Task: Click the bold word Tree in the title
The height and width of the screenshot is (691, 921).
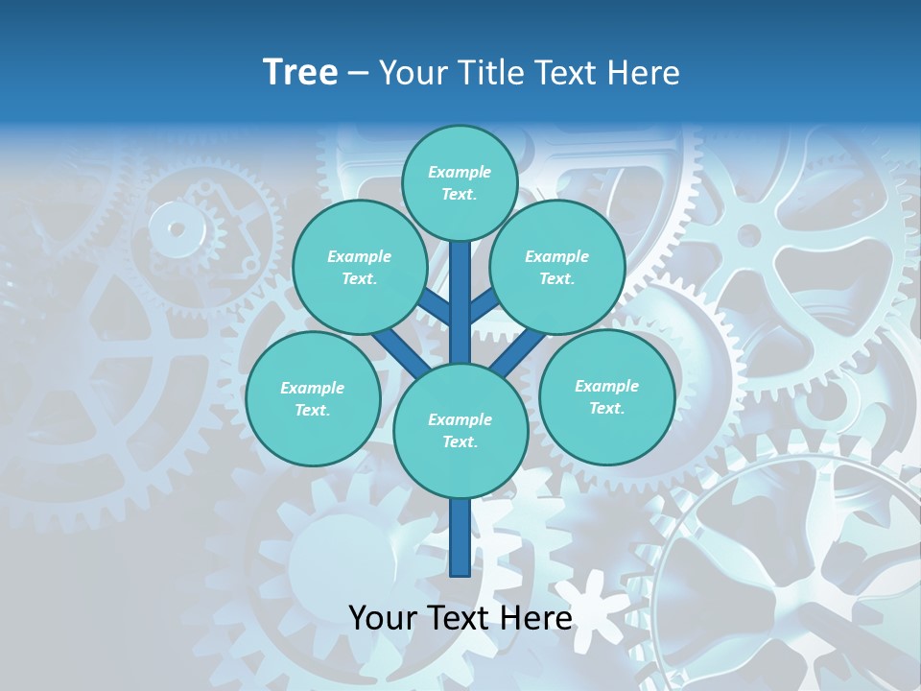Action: [x=300, y=72]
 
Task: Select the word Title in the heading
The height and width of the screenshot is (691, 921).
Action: [x=491, y=72]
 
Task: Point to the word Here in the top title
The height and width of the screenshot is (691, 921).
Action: [x=648, y=72]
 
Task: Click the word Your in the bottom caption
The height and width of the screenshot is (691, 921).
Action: [x=384, y=618]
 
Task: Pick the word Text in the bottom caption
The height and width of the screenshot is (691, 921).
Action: [x=459, y=618]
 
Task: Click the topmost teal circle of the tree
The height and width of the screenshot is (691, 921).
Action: [x=460, y=182]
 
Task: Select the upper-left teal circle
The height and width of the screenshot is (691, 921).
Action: [x=359, y=267]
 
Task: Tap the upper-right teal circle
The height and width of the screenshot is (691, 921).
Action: [x=556, y=267]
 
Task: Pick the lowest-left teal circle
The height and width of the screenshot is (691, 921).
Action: [x=312, y=398]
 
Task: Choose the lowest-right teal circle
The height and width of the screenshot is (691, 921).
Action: [x=606, y=396]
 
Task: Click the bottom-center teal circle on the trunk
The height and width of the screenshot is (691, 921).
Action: [x=460, y=431]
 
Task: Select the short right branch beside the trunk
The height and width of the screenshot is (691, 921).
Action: [x=484, y=306]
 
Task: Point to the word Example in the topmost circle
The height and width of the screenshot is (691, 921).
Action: [x=460, y=172]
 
